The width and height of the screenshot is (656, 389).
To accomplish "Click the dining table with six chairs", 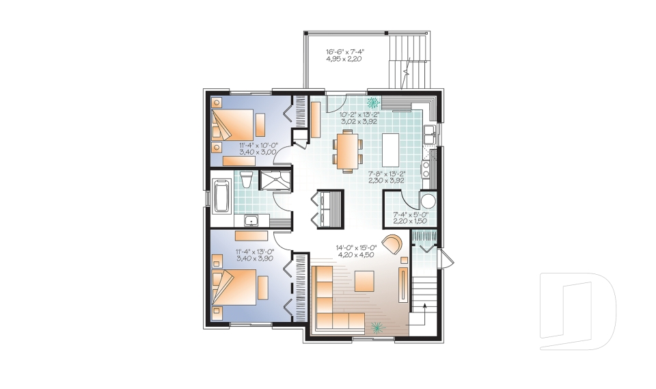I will point(348,150).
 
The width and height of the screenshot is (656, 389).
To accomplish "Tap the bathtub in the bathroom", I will point(221,196).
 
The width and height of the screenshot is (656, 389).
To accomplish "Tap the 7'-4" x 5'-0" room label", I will point(410,218).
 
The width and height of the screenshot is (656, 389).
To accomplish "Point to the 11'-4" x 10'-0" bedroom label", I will point(258,149).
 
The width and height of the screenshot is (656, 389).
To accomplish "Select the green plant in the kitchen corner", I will point(374,103).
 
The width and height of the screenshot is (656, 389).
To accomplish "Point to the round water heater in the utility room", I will point(427,201).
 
